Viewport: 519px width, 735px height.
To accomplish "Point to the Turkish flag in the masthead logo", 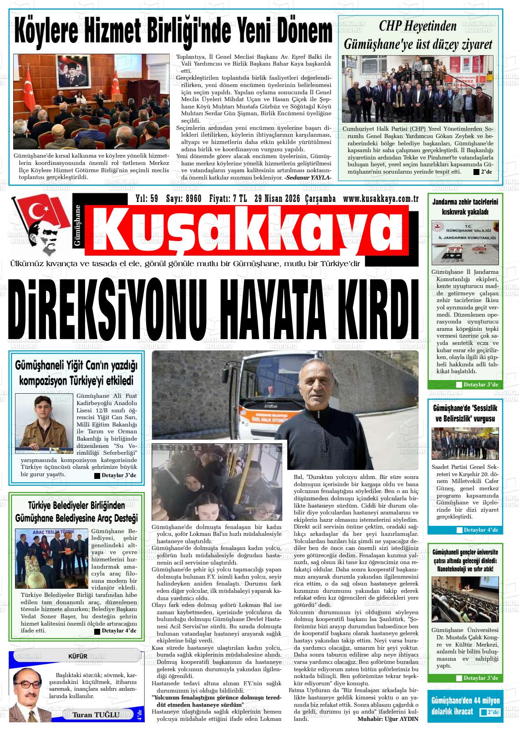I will pos(41,211).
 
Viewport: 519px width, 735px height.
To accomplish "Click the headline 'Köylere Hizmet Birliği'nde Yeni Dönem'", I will pos(173,31).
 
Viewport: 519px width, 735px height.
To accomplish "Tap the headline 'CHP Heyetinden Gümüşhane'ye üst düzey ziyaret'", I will pos(418,35).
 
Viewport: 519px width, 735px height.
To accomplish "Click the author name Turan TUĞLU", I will pos(96,714).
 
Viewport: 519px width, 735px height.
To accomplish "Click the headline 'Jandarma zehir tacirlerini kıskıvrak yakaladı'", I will pos(465,206).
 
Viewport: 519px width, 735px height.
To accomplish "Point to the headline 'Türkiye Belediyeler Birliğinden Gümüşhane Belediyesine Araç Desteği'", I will pos(76,512).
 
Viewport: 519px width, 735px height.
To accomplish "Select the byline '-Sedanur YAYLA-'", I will pos(308,177).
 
